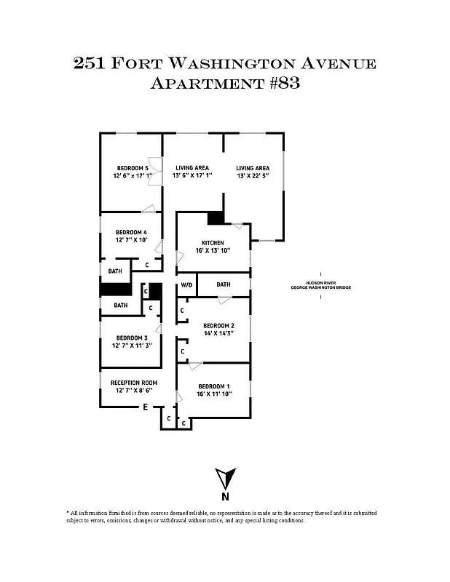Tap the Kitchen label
(x=213, y=243)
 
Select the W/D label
(x=186, y=284)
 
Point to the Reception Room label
(x=134, y=383)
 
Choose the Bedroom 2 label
(x=218, y=325)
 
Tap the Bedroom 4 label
(x=132, y=233)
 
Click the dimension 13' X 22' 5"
(x=253, y=176)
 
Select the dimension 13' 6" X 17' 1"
(x=192, y=176)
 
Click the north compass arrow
(x=226, y=479)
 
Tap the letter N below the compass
(x=226, y=498)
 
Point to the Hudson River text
(x=320, y=283)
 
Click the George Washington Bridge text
(x=320, y=288)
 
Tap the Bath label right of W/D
(x=223, y=284)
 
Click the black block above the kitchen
(x=216, y=218)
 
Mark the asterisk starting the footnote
(x=68, y=513)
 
